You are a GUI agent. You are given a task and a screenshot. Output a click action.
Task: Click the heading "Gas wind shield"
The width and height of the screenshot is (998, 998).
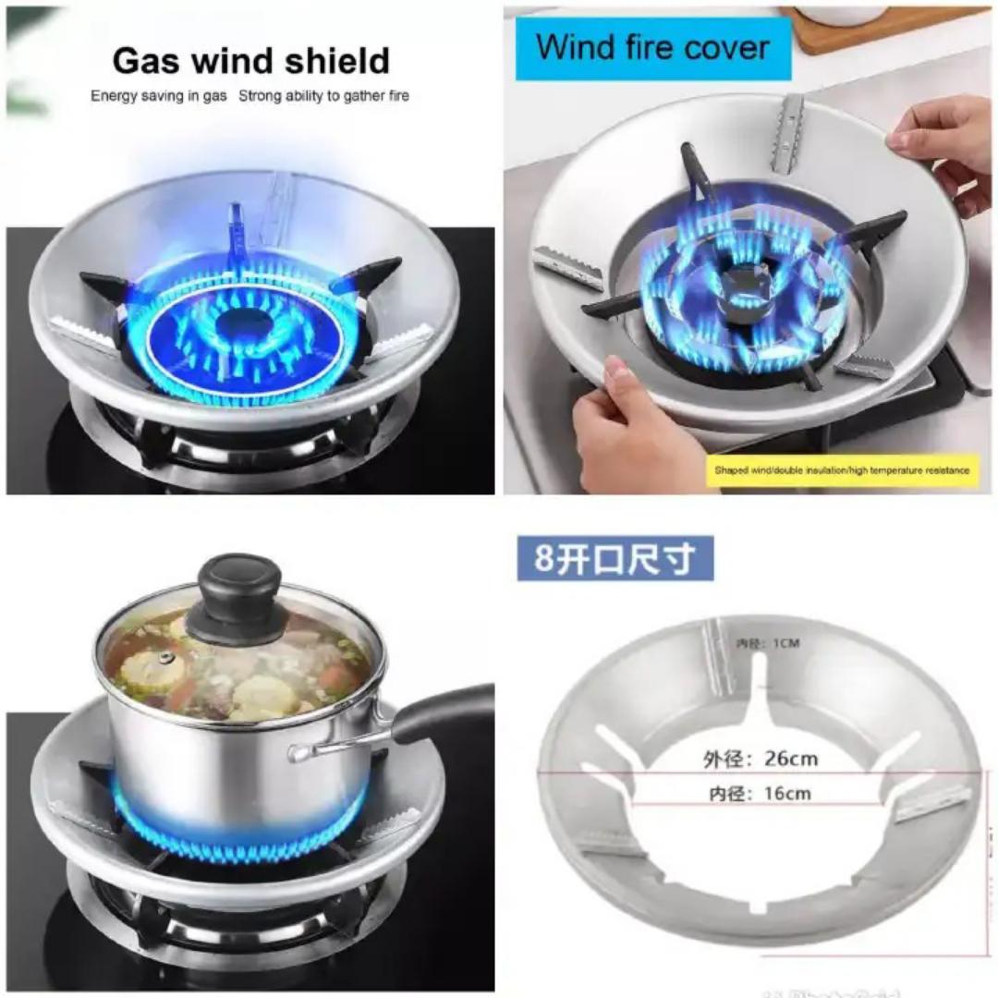tap(250, 61)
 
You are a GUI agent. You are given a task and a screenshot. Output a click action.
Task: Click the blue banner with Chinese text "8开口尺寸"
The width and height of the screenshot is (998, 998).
tap(615, 558)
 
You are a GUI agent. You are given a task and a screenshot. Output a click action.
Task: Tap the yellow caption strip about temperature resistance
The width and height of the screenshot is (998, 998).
tap(841, 470)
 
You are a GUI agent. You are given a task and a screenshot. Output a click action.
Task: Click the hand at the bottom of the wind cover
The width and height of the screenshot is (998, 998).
tap(628, 434)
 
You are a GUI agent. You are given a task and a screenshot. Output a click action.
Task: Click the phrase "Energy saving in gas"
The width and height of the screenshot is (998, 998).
tap(158, 96)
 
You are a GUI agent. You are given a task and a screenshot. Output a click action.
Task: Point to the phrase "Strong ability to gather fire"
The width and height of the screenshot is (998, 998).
tap(323, 96)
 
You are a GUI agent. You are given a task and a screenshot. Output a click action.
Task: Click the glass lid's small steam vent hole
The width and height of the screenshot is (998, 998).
tap(165, 658)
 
